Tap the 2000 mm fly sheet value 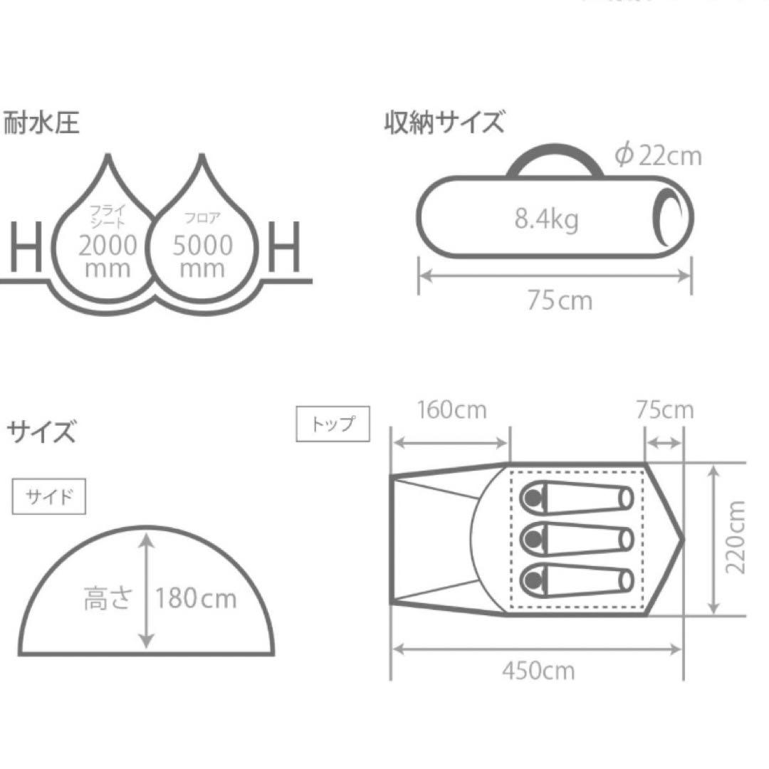(108, 256)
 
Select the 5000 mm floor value (202, 256)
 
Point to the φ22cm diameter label (658, 155)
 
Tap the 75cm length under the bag (560, 300)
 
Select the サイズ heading (41, 431)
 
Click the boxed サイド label (48, 497)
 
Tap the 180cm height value (196, 598)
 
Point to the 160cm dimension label (451, 411)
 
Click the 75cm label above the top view (664, 411)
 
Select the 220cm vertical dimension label (735, 537)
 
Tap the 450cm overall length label (538, 671)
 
